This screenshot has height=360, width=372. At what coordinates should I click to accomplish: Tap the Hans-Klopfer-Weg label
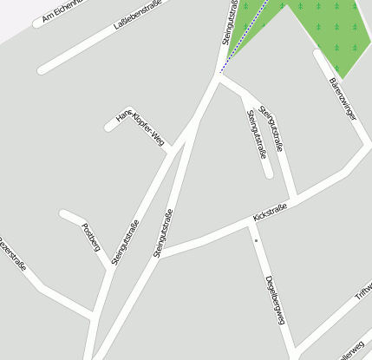pos(140,128)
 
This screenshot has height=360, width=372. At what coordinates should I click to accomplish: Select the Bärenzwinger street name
pos(343,98)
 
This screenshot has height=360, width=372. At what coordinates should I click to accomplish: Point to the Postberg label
pos(90,237)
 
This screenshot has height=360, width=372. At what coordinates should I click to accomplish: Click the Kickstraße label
pos(270,213)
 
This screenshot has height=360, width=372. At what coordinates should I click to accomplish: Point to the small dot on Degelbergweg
pos(257,239)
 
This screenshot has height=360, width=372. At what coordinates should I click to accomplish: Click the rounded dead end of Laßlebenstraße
pos(42,69)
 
